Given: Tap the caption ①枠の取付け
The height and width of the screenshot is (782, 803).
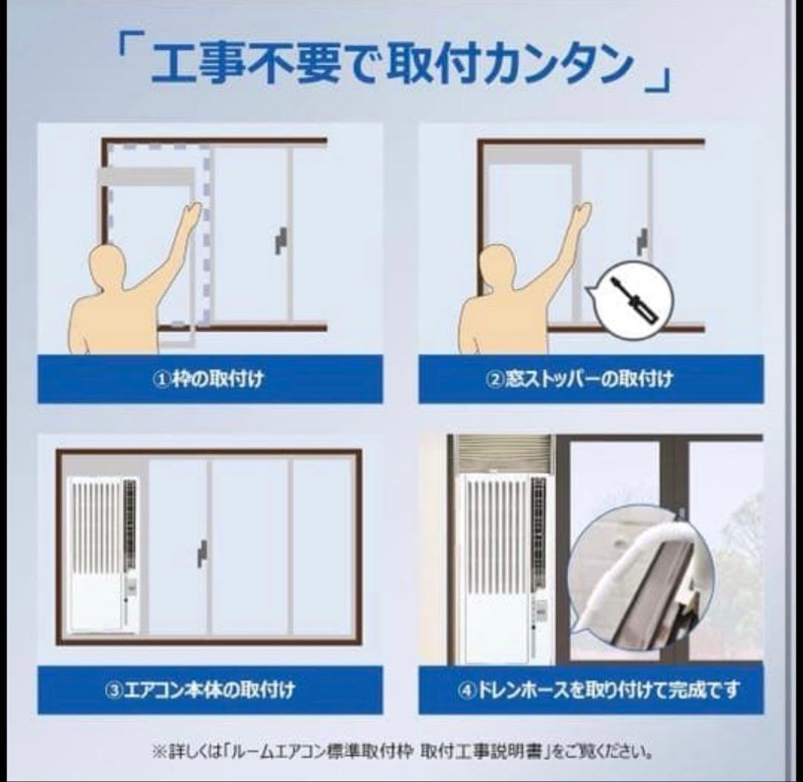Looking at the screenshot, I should [210, 379].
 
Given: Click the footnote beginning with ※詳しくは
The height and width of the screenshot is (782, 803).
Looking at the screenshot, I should [402, 752].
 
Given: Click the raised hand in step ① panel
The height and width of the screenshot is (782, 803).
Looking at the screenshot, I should [192, 215].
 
